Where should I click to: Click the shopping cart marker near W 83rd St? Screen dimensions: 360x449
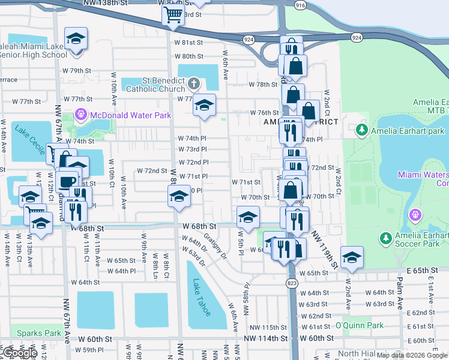173,16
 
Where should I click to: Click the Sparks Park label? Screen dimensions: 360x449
39,333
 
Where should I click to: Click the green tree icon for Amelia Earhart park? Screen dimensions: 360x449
361,130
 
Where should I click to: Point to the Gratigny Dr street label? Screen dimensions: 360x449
214,246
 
